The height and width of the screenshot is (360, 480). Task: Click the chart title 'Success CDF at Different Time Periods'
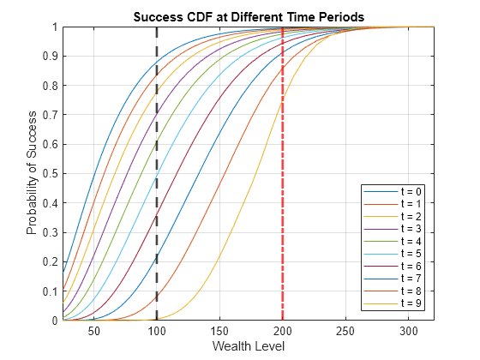pos(249,17)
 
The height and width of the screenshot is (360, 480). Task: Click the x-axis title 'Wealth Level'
pos(249,346)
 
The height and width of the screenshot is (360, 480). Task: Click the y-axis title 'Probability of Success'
pos(32,173)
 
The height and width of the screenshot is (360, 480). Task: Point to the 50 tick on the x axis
pos(94,331)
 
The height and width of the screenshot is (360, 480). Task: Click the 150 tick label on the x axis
pos(219,331)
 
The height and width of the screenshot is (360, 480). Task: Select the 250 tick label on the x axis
pos(345,331)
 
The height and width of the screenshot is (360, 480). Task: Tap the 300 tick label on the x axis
pos(409,331)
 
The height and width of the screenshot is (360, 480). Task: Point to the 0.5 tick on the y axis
pos(51,173)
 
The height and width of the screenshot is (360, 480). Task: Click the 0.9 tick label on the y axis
pos(51,57)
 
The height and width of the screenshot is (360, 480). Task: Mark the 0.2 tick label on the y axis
pos(51,261)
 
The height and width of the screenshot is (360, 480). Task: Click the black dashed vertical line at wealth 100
pos(157,173)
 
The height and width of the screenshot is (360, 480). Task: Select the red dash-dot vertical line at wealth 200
pos(283,173)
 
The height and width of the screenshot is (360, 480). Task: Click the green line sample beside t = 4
pos(381,241)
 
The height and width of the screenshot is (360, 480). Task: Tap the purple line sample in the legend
pos(381,229)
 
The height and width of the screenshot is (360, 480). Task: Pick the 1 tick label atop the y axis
pos(55,27)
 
